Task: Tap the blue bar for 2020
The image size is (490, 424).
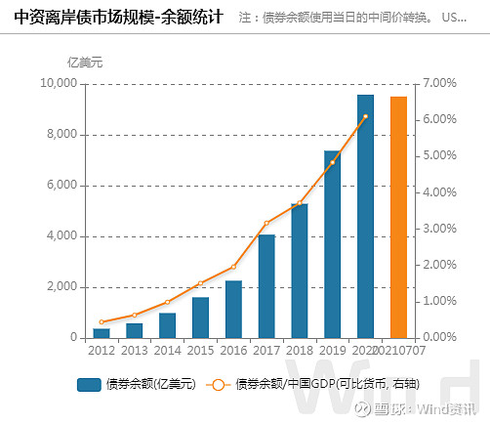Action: [365, 216]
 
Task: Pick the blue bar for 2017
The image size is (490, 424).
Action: [266, 285]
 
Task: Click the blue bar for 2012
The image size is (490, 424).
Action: [102, 332]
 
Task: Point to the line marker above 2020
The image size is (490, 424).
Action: [365, 116]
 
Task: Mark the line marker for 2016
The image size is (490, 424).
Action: [233, 267]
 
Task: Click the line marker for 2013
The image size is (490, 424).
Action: [135, 316]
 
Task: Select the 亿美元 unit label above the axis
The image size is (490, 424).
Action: [84, 63]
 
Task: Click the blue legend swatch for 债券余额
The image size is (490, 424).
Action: [89, 384]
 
